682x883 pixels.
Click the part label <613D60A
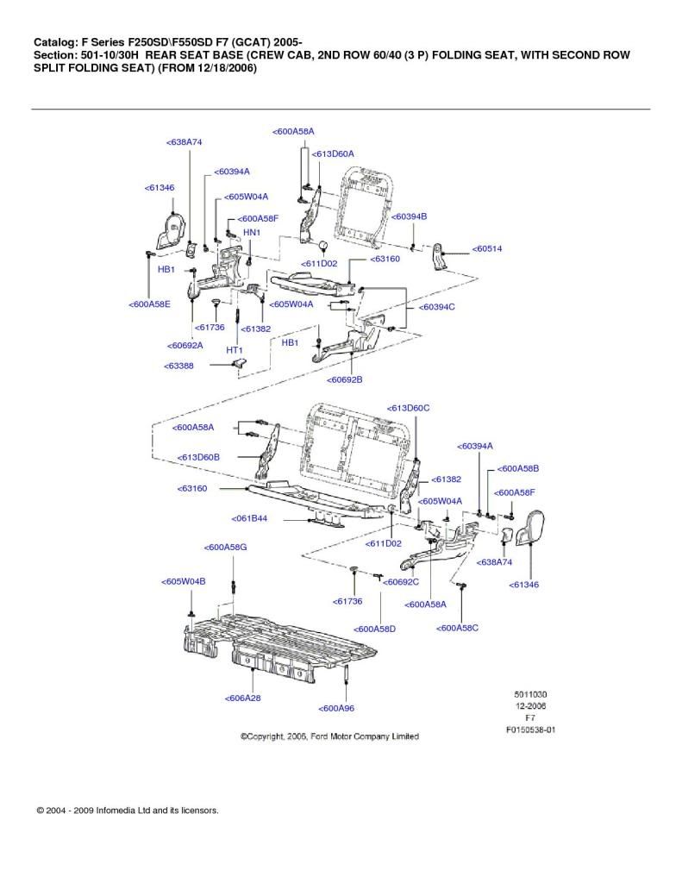[x=333, y=153]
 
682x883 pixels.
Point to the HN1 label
[x=252, y=232]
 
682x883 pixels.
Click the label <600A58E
[x=149, y=304]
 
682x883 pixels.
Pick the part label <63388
[x=178, y=366]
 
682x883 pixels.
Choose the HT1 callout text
[x=235, y=350]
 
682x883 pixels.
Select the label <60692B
[x=345, y=379]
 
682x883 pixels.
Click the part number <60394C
[x=436, y=307]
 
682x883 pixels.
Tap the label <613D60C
[x=409, y=408]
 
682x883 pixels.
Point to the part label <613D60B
[x=198, y=457]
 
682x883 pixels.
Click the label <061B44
[x=249, y=518]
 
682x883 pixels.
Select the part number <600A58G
[x=225, y=547]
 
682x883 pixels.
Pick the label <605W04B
[x=183, y=581]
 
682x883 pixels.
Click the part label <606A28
[x=243, y=698]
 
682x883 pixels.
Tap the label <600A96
[x=336, y=708]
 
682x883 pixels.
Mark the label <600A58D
[x=374, y=629]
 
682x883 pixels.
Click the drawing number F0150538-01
[x=530, y=730]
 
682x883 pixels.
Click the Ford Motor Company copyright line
[x=329, y=736]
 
